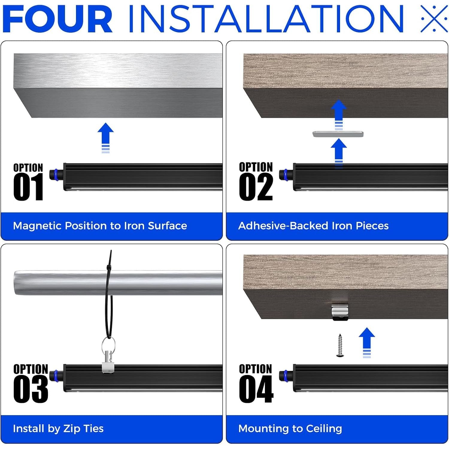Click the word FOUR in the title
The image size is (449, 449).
[x=57, y=19]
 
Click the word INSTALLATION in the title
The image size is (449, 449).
[x=266, y=19]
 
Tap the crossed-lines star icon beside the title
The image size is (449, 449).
[x=434, y=19]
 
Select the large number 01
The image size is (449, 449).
[x=28, y=187]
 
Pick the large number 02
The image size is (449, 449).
[x=256, y=187]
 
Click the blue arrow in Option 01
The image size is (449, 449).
[x=106, y=138]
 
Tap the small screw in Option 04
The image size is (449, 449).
[x=340, y=345]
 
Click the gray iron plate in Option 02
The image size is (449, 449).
[x=338, y=134]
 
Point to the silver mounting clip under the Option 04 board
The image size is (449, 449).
[x=340, y=312]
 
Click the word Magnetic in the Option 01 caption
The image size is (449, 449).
[x=37, y=226]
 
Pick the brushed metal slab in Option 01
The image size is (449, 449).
[x=118, y=86]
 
